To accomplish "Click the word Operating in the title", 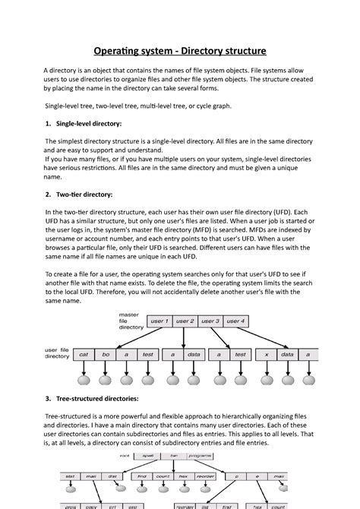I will [x=120, y=52].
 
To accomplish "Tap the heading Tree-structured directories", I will [x=97, y=398].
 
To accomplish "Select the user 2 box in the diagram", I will [x=185, y=321].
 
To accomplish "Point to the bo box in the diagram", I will [x=106, y=354].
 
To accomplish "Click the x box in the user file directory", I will [x=266, y=354].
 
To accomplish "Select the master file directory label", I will [x=130, y=321].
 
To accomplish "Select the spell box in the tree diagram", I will [x=148, y=455].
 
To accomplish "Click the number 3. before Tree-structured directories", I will [x=48, y=398].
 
